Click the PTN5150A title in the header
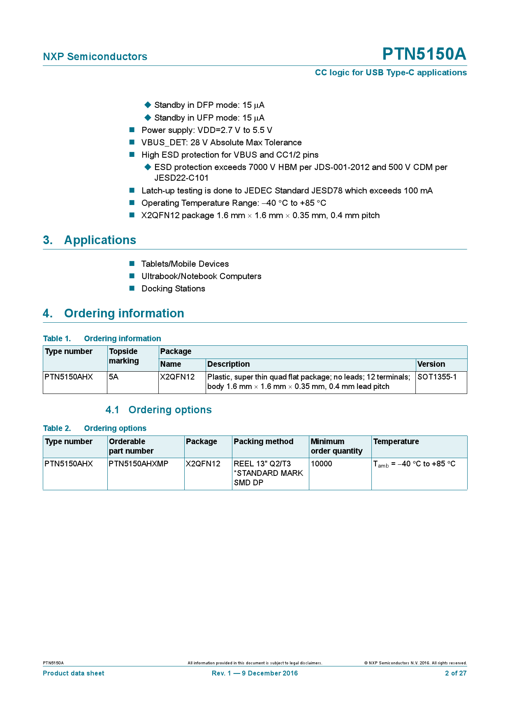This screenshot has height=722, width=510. coord(424,54)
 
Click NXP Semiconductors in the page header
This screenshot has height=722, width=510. coord(95,57)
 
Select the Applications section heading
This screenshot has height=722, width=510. coord(100,240)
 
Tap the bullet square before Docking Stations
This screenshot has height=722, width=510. coord(132,288)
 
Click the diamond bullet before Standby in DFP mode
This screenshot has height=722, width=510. coord(148,105)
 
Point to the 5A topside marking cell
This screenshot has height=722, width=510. coord(114,377)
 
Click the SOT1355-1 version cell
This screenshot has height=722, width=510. coord(437,377)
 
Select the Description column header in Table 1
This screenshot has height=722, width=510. coord(228,364)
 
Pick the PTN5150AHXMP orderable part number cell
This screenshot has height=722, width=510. coord(139,463)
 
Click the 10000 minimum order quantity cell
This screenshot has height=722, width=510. coord(321,463)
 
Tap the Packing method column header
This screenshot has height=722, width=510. coord(263,442)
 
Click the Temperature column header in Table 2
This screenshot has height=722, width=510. coord(396,442)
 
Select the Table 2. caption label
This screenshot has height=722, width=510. coord(57,429)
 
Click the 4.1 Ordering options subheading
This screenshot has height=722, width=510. coord(159,410)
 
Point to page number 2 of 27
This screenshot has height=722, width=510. coord(456,673)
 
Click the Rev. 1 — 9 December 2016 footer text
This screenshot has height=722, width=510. coord(255,673)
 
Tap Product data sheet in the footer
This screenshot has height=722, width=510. coord(74,673)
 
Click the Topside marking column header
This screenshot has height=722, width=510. coord(124,356)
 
